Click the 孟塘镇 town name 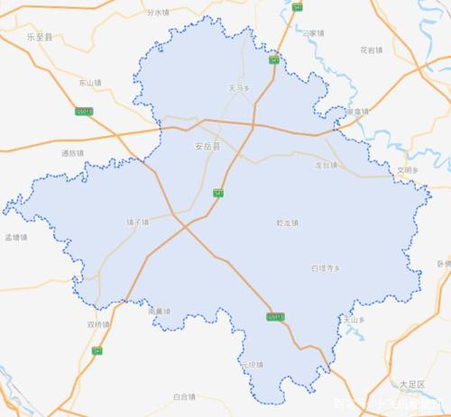click(16, 238)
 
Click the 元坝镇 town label click(250, 365)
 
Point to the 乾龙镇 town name click(287, 222)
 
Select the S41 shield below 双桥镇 click(97, 350)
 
